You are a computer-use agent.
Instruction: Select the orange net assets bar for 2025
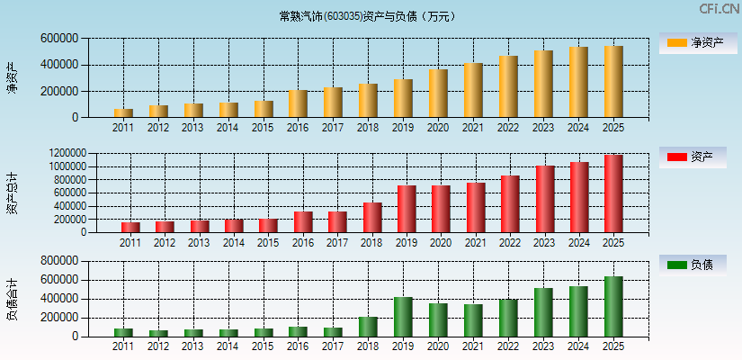click(613, 82)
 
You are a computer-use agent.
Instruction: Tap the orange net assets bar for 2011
click(123, 112)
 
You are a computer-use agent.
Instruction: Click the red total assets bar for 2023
click(545, 199)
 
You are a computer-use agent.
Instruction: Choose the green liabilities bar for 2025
click(613, 307)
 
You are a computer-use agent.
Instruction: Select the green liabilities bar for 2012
click(158, 333)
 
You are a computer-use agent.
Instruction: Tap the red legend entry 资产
click(693, 157)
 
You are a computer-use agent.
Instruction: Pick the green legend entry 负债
click(693, 265)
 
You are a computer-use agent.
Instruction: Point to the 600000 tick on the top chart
click(58, 39)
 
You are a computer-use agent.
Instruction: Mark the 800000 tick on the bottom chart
click(58, 261)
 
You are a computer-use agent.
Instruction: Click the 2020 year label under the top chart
click(438, 128)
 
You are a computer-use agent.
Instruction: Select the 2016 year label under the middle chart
click(303, 243)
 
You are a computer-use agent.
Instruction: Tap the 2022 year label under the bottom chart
click(508, 346)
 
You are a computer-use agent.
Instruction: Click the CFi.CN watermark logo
click(719, 9)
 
